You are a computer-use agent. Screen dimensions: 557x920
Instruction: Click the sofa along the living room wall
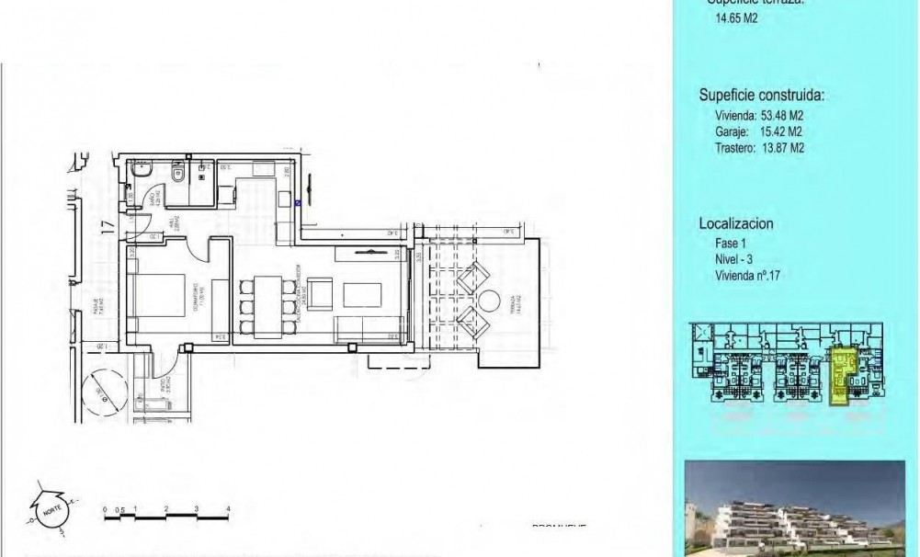[x=369, y=327]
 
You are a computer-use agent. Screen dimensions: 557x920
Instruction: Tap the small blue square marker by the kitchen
[x=300, y=204]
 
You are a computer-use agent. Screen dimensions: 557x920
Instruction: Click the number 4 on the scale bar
[x=227, y=508]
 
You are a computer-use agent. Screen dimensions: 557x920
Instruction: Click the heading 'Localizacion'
[x=736, y=223]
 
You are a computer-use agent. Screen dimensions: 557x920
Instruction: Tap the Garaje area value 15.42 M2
[x=778, y=131]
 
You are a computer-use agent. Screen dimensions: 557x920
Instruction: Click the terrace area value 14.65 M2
[x=736, y=17]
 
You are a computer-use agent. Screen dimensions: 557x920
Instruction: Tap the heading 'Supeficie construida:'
[x=762, y=95]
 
